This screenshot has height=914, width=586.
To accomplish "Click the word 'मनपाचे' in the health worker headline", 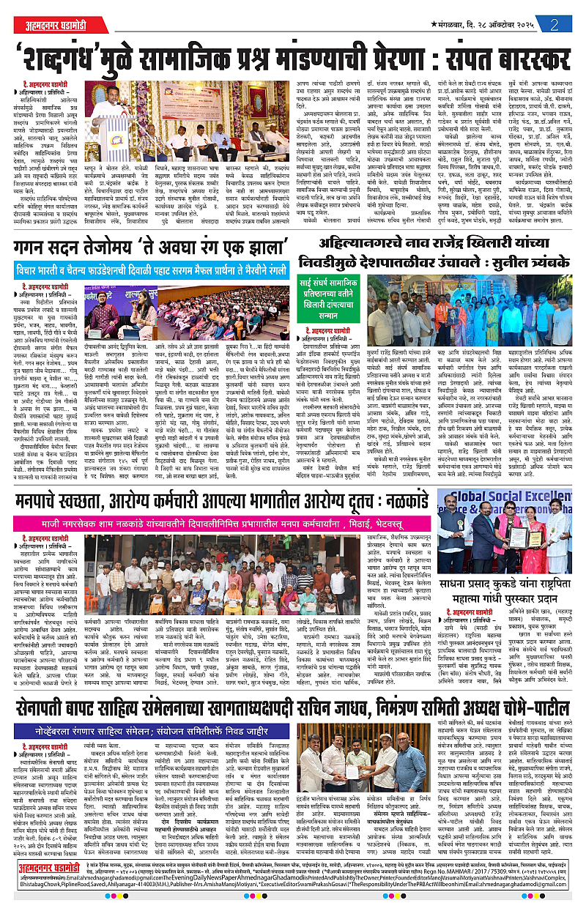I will pyautogui.click(x=45, y=481).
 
